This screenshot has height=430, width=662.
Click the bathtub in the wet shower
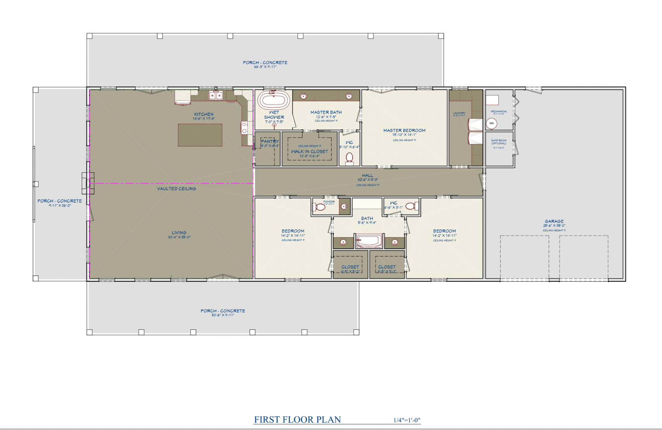pyautogui.click(x=274, y=101)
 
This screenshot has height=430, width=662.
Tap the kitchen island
pyautogui.click(x=200, y=135)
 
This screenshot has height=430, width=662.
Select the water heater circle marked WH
pyautogui.click(x=491, y=123)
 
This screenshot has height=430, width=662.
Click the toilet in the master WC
pyautogui.click(x=349, y=158)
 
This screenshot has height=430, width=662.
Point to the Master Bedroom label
pyautogui.click(x=404, y=130)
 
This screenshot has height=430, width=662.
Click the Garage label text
pyautogui.click(x=554, y=221)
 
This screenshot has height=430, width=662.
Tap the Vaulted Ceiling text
pyautogui.click(x=176, y=189)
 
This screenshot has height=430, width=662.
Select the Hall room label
pyautogui.click(x=367, y=175)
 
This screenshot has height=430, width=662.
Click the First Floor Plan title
pyautogui.click(x=297, y=420)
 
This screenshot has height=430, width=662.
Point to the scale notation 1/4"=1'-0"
pyautogui.click(x=407, y=420)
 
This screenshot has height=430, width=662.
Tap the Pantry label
pyautogui.click(x=270, y=141)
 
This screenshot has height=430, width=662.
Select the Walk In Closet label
pyautogui.click(x=309, y=151)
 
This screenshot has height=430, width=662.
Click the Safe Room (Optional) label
pyautogui.click(x=499, y=142)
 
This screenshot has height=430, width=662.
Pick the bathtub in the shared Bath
pyautogui.click(x=369, y=241)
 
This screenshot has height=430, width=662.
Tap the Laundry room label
pyautogui.click(x=459, y=113)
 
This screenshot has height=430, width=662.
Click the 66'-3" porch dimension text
pyautogui.click(x=265, y=67)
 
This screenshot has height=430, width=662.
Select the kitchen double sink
pyautogui.click(x=216, y=95)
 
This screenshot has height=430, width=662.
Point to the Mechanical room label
pyautogui.click(x=499, y=111)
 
